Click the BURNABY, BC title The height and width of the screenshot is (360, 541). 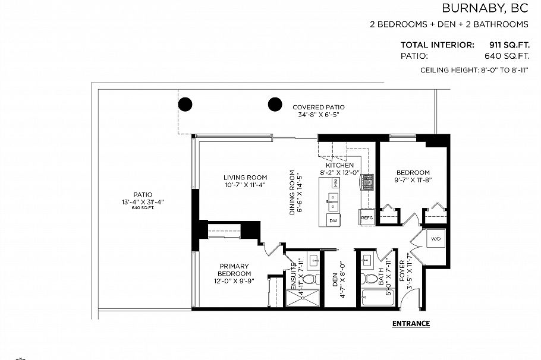click(x=485, y=8)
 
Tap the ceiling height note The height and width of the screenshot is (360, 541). click(x=474, y=70)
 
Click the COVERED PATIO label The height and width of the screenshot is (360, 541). click(x=318, y=108)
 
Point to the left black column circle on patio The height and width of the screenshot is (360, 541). click(x=185, y=105)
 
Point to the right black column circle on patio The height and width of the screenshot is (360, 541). click(x=274, y=105)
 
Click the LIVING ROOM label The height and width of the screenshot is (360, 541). click(x=245, y=177)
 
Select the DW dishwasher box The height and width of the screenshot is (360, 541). click(x=334, y=220)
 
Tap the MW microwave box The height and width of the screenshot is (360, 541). click(x=335, y=183)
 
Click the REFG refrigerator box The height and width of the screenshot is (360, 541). click(x=367, y=218)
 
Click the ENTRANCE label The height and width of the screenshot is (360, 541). click(x=411, y=324)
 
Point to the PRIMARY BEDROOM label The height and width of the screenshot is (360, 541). click(x=233, y=270)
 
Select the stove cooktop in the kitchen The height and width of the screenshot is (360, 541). click(x=367, y=181)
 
